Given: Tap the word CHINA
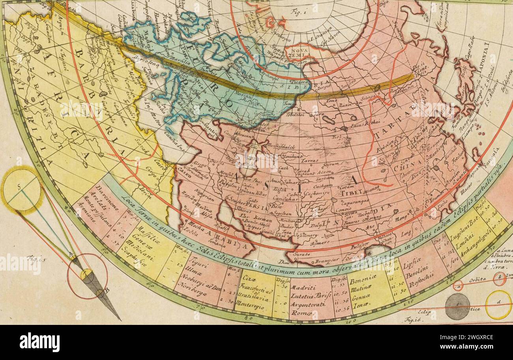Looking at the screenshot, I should click(x=407, y=168).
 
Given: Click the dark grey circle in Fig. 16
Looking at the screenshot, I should click(x=457, y=306).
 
